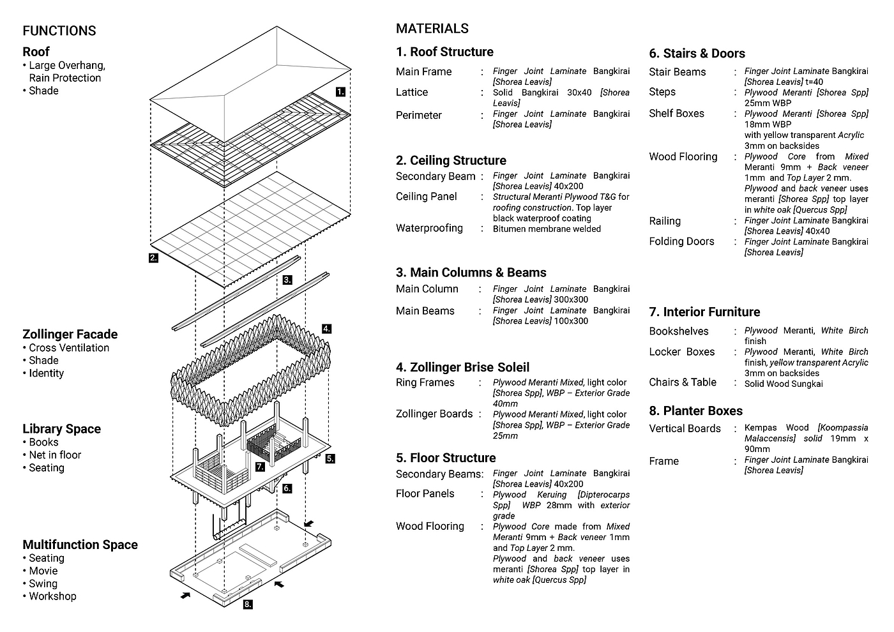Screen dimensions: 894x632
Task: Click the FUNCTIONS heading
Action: tap(59, 31)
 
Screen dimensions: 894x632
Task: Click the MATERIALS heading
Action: tap(432, 28)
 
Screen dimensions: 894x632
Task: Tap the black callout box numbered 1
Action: tap(340, 92)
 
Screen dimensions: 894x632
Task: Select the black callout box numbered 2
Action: tap(153, 258)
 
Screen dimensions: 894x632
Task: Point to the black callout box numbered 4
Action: tap(326, 329)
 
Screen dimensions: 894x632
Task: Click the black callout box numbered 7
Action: tap(260, 467)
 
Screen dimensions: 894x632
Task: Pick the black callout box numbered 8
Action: tap(248, 605)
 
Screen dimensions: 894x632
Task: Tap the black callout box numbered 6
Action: tap(287, 488)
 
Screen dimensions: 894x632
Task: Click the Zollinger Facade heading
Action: tap(70, 335)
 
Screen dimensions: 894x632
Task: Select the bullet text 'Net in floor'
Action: tap(55, 455)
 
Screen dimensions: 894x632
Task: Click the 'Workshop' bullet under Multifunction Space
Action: tap(52, 596)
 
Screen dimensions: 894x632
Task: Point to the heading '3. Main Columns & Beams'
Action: tap(471, 273)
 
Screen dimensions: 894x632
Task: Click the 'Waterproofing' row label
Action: tap(429, 229)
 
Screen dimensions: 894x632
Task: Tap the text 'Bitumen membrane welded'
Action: tap(547, 229)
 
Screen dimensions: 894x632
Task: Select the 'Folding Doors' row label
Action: tap(682, 241)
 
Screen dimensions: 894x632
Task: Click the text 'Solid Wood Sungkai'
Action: tap(784, 384)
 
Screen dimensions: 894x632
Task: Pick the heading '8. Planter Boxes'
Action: tap(695, 411)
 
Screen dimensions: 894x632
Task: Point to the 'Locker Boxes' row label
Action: tap(682, 352)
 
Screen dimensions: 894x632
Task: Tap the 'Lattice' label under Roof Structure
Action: tap(412, 92)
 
